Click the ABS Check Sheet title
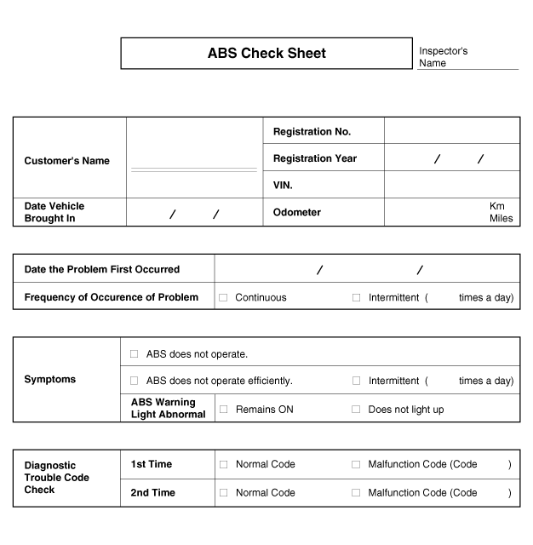point(266,53)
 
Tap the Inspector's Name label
point(443,57)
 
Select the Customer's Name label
point(66,161)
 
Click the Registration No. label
point(312,132)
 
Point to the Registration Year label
point(315,158)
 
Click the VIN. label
point(283,185)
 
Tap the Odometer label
point(297,212)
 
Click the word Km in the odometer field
point(497,206)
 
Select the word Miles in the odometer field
point(501,219)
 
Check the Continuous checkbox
point(223,298)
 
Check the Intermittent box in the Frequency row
point(357,298)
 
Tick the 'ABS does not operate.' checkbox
point(135,353)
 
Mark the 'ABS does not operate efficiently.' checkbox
point(135,381)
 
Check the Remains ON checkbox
point(223,410)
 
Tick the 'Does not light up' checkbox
point(357,410)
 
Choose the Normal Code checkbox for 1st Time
point(223,464)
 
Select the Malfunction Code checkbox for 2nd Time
point(357,493)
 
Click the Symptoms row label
point(49,380)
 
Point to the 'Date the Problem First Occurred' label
point(102,269)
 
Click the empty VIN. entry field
point(451,185)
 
